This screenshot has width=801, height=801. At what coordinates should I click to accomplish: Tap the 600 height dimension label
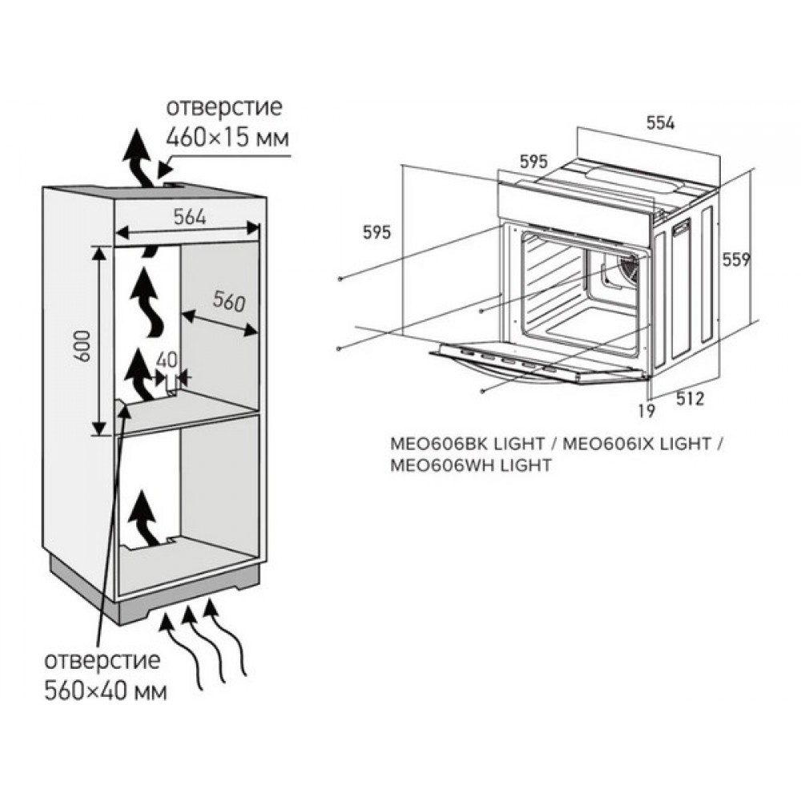(x=83, y=346)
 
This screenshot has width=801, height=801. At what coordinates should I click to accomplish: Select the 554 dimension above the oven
(x=661, y=123)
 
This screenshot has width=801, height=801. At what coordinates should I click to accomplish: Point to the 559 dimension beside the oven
(x=736, y=260)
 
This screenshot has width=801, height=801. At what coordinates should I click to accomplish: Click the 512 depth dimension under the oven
(x=690, y=398)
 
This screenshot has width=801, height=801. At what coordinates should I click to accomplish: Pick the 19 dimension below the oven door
(x=646, y=410)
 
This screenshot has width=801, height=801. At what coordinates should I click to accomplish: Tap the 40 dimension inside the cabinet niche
(x=167, y=360)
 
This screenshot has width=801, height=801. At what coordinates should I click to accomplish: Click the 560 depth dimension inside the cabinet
(x=229, y=301)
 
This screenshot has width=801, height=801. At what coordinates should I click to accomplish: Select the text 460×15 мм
(x=227, y=138)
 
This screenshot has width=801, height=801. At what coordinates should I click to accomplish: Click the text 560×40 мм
(x=106, y=692)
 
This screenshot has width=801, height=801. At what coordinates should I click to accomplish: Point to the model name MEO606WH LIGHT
(x=471, y=465)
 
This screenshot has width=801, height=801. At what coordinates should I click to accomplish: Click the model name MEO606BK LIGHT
(x=468, y=444)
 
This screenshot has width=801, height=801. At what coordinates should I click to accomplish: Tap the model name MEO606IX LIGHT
(x=637, y=444)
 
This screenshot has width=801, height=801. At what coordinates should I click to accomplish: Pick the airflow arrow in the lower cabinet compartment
(x=143, y=517)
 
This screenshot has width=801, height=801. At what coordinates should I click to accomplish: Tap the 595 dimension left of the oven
(x=376, y=232)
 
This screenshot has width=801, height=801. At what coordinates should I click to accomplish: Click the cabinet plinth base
(x=153, y=593)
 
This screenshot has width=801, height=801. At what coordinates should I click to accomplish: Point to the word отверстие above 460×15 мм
(x=224, y=107)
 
